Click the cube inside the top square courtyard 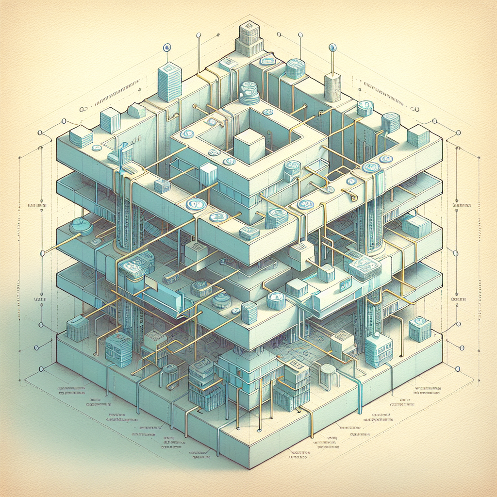pyautogui.click(x=248, y=148)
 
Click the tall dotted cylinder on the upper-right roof pyautogui.click(x=333, y=87)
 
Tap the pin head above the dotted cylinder pyautogui.click(x=332, y=47)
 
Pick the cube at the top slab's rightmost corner pyautogui.click(x=418, y=136)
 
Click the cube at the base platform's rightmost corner pyautogui.click(x=420, y=330)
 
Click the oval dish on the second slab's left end pyautogui.click(x=81, y=226)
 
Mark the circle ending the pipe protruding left pyautogui.click(x=43, y=252)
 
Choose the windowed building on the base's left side pyautogui.click(x=118, y=349)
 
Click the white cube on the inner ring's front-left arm pyautogui.click(x=208, y=173)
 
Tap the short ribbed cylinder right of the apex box pyautogui.click(x=295, y=68)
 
